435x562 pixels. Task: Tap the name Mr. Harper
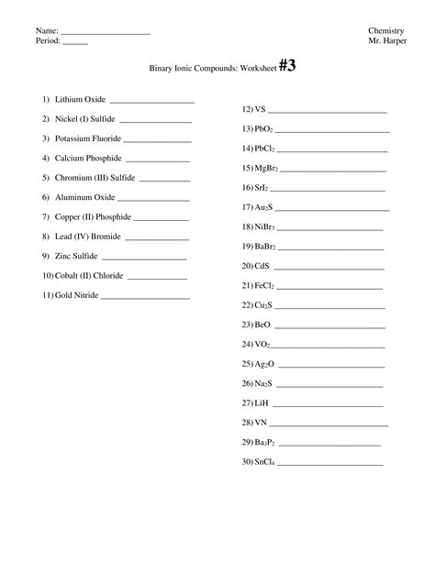point(385,41)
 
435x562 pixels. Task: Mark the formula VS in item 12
point(261,108)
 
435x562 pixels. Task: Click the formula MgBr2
point(266,168)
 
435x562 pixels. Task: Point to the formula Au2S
point(263,207)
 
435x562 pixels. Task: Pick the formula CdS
point(262,266)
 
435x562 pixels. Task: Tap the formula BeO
point(262,325)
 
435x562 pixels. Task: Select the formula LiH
point(261,402)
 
